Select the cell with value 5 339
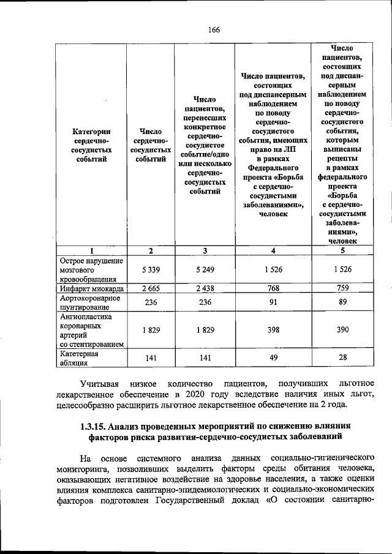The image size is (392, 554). (151, 270)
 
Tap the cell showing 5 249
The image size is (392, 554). (205, 270)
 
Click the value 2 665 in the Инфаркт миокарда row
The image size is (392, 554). (151, 288)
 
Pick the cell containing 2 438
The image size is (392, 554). (205, 288)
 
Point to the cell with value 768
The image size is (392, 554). (273, 288)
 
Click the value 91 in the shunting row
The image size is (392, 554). (273, 302)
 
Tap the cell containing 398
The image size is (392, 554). (273, 331)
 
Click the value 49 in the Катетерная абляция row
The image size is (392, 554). (273, 359)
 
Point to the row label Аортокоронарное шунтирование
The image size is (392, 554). (89, 302)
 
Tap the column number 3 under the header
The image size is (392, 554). (205, 250)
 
